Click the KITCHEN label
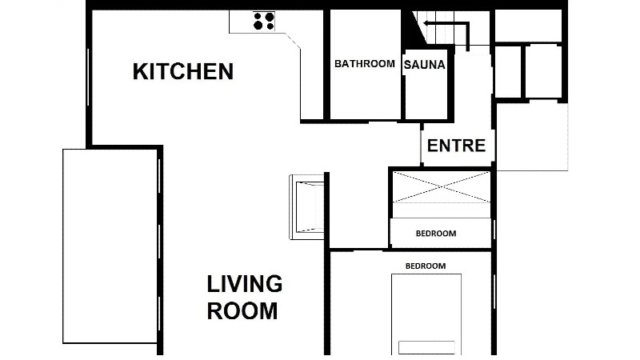183,71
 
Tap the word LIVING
245,284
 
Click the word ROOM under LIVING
242,311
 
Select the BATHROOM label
365,64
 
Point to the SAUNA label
425,65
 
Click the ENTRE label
456,146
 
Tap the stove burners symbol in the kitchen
264,22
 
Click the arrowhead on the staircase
426,23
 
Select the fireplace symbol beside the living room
307,207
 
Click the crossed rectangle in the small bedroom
442,186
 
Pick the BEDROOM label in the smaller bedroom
436,234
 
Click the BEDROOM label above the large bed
426,266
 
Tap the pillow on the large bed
426,347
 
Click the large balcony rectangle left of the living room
110,246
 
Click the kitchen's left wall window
88,77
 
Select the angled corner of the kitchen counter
292,41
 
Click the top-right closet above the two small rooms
529,26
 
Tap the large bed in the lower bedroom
426,314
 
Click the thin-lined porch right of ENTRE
532,137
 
